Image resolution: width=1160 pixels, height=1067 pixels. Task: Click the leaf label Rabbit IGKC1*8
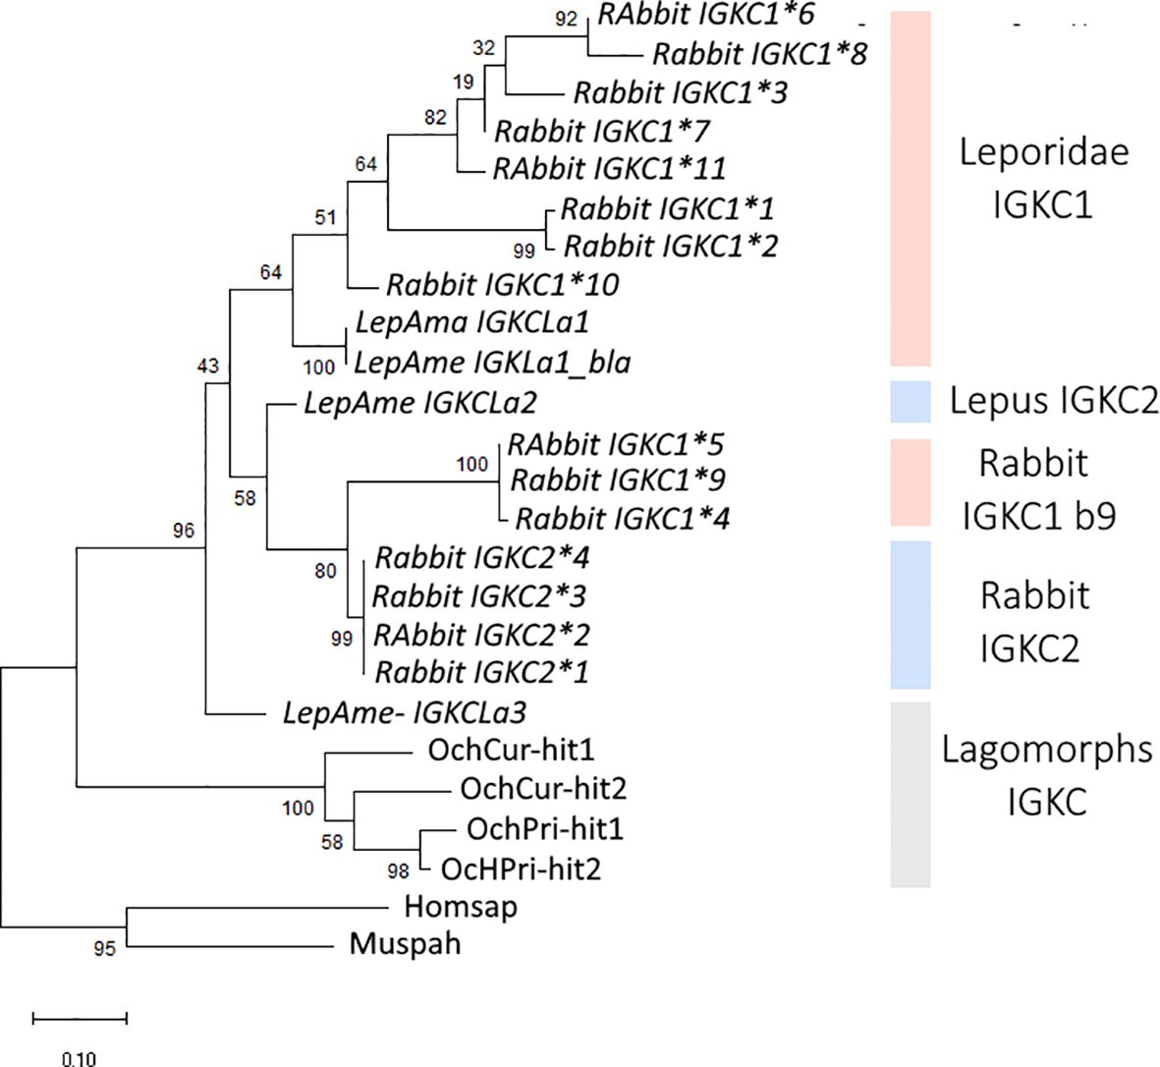759,53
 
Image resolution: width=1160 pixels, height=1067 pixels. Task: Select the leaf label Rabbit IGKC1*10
502,285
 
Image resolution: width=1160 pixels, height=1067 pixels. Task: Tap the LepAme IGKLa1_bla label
491,363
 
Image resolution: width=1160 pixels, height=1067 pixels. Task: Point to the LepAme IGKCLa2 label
420,402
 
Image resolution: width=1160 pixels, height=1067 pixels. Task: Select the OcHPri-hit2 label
521,868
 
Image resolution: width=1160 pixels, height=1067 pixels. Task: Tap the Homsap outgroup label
460,906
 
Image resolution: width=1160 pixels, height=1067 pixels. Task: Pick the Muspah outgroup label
405,945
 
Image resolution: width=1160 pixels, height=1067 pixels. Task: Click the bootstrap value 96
184,532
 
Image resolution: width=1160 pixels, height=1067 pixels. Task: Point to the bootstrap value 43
207,366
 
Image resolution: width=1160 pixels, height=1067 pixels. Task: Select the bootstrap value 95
104,948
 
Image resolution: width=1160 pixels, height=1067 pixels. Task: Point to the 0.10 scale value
79,1058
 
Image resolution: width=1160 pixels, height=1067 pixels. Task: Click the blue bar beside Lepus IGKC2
910,402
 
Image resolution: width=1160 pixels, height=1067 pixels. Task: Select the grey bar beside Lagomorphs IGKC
910,794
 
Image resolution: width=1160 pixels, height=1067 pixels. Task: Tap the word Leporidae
1043,152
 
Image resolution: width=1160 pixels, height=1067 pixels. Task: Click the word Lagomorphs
1046,750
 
